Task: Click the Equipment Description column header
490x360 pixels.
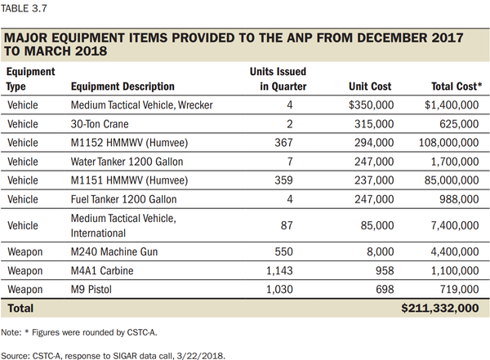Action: [122, 86]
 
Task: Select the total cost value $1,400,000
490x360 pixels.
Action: [449, 105]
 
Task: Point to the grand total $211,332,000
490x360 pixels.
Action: [441, 308]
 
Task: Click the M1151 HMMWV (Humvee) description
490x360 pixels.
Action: [129, 180]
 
